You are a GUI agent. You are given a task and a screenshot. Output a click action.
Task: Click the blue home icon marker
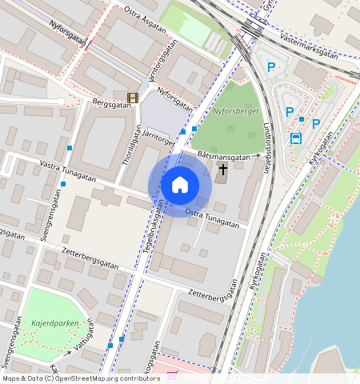[x=180, y=185]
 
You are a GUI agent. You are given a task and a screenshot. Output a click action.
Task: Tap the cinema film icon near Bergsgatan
[x=132, y=98]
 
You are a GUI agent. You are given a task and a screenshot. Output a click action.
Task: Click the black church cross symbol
[x=222, y=169]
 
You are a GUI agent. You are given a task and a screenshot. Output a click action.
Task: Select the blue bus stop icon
[x=295, y=138]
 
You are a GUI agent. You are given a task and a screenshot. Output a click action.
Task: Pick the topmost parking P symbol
[x=271, y=68]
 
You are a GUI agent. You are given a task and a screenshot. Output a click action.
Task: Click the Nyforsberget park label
[x=237, y=112]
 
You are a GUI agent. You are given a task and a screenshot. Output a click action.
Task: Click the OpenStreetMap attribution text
[x=80, y=378]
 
